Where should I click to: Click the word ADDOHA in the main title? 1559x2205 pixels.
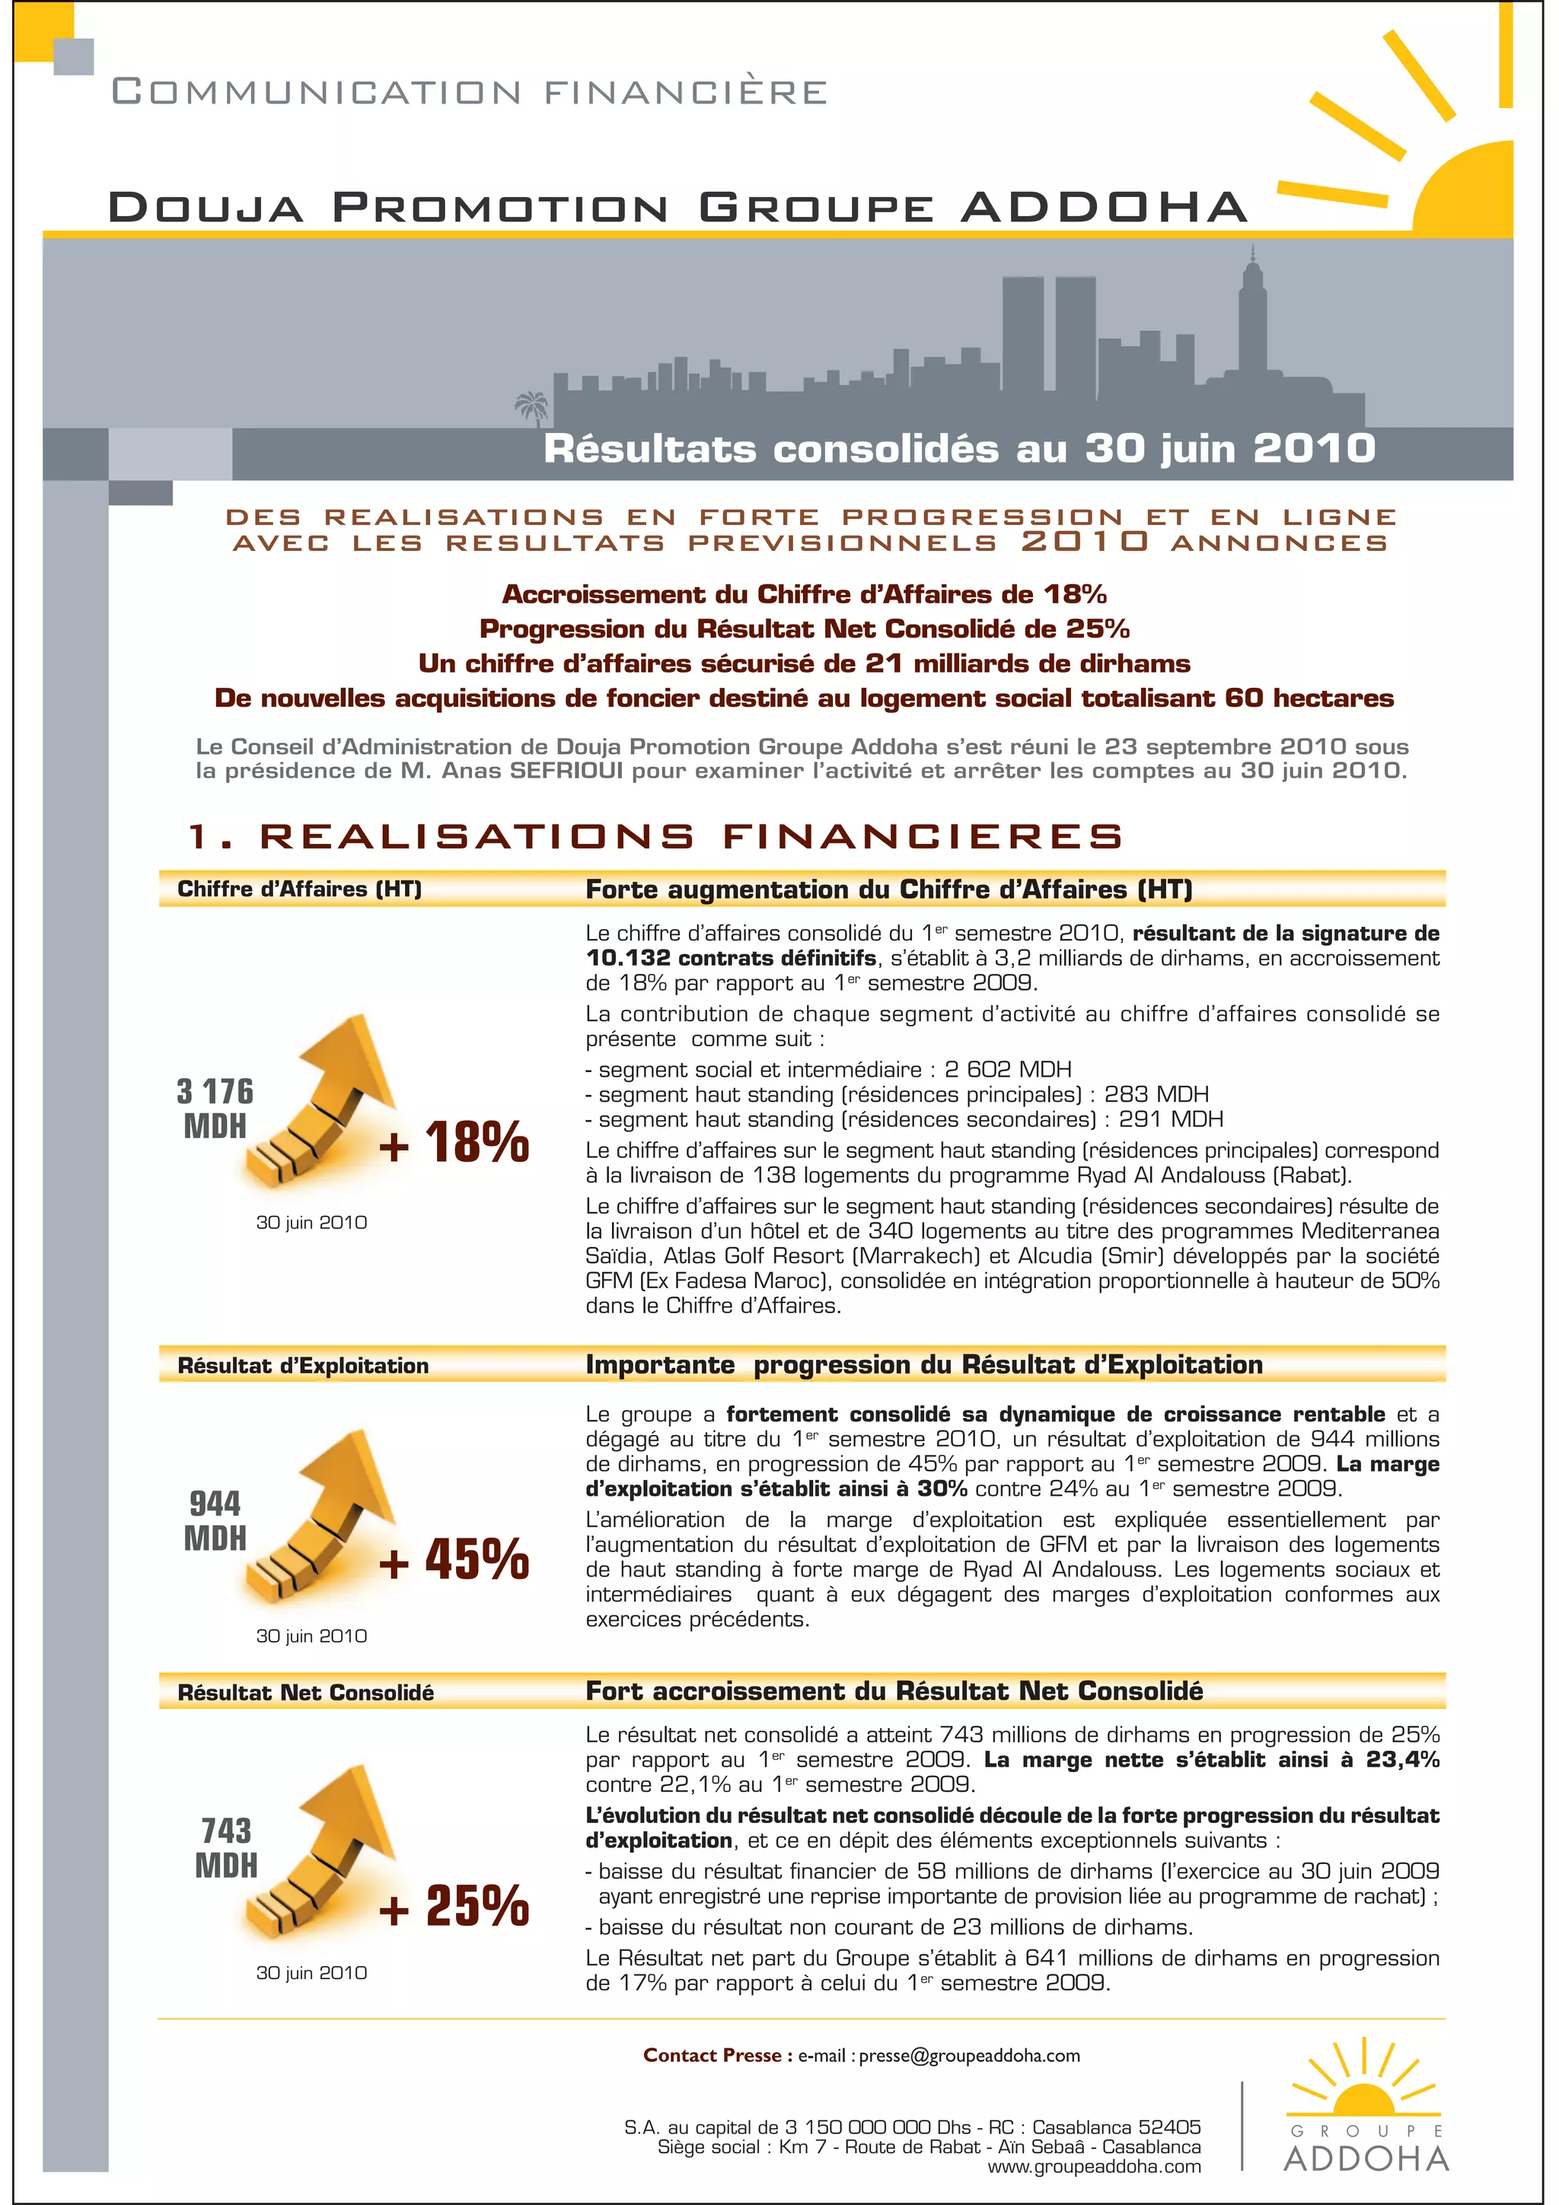pos(1104,208)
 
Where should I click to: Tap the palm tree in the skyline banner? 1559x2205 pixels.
pos(531,407)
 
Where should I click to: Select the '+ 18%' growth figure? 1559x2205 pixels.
pos(454,1142)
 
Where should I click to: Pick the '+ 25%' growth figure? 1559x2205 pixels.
pos(454,1905)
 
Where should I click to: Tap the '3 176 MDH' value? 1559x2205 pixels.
pos(215,1109)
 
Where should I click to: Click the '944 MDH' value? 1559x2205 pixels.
pos(215,1520)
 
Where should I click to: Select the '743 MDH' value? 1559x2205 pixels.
pos(226,1847)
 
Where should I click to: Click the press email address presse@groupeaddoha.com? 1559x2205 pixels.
pos(969,2056)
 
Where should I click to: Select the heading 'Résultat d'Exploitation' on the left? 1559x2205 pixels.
pos(302,1366)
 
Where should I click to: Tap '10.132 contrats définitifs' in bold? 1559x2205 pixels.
pos(731,957)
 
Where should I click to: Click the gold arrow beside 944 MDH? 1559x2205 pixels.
pos(322,1517)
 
